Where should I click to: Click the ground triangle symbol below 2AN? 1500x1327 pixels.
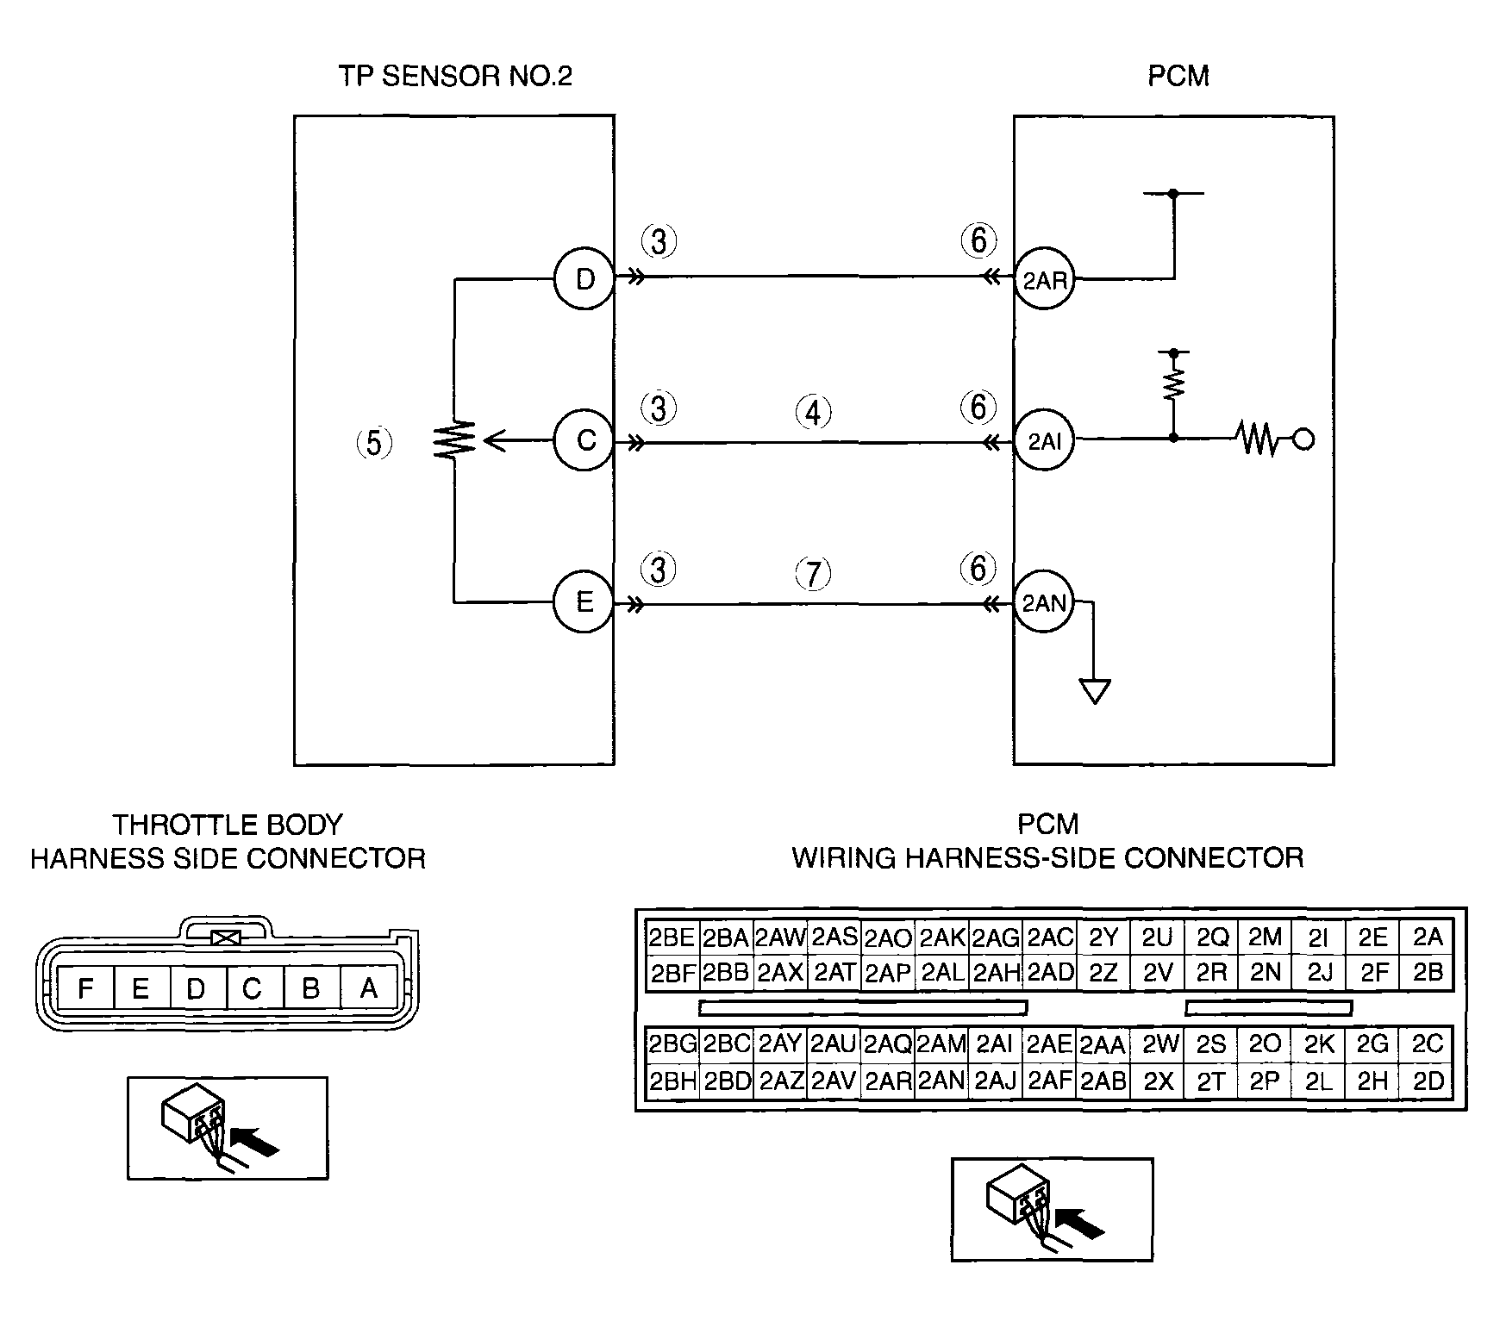pos(1095,691)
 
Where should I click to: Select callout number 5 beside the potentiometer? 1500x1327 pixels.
pos(374,443)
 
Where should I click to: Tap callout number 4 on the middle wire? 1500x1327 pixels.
pos(813,413)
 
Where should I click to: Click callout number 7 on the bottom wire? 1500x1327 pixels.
pos(813,574)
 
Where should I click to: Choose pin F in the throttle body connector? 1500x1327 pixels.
pos(85,987)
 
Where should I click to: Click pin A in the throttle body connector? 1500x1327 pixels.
pos(369,987)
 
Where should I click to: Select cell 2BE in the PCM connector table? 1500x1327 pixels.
pos(672,938)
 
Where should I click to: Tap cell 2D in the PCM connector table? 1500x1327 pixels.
pos(1428,1081)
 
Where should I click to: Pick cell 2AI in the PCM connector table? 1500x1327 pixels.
pos(995,1044)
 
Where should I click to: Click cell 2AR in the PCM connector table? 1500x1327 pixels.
pos(888,1081)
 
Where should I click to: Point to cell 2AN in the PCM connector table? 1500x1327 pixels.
pos(941,1081)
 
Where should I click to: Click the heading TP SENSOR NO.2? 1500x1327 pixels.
pos(455,76)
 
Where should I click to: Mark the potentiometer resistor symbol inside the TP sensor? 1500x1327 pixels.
pos(453,440)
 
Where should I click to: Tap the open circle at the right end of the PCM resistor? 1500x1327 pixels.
pos(1304,440)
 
